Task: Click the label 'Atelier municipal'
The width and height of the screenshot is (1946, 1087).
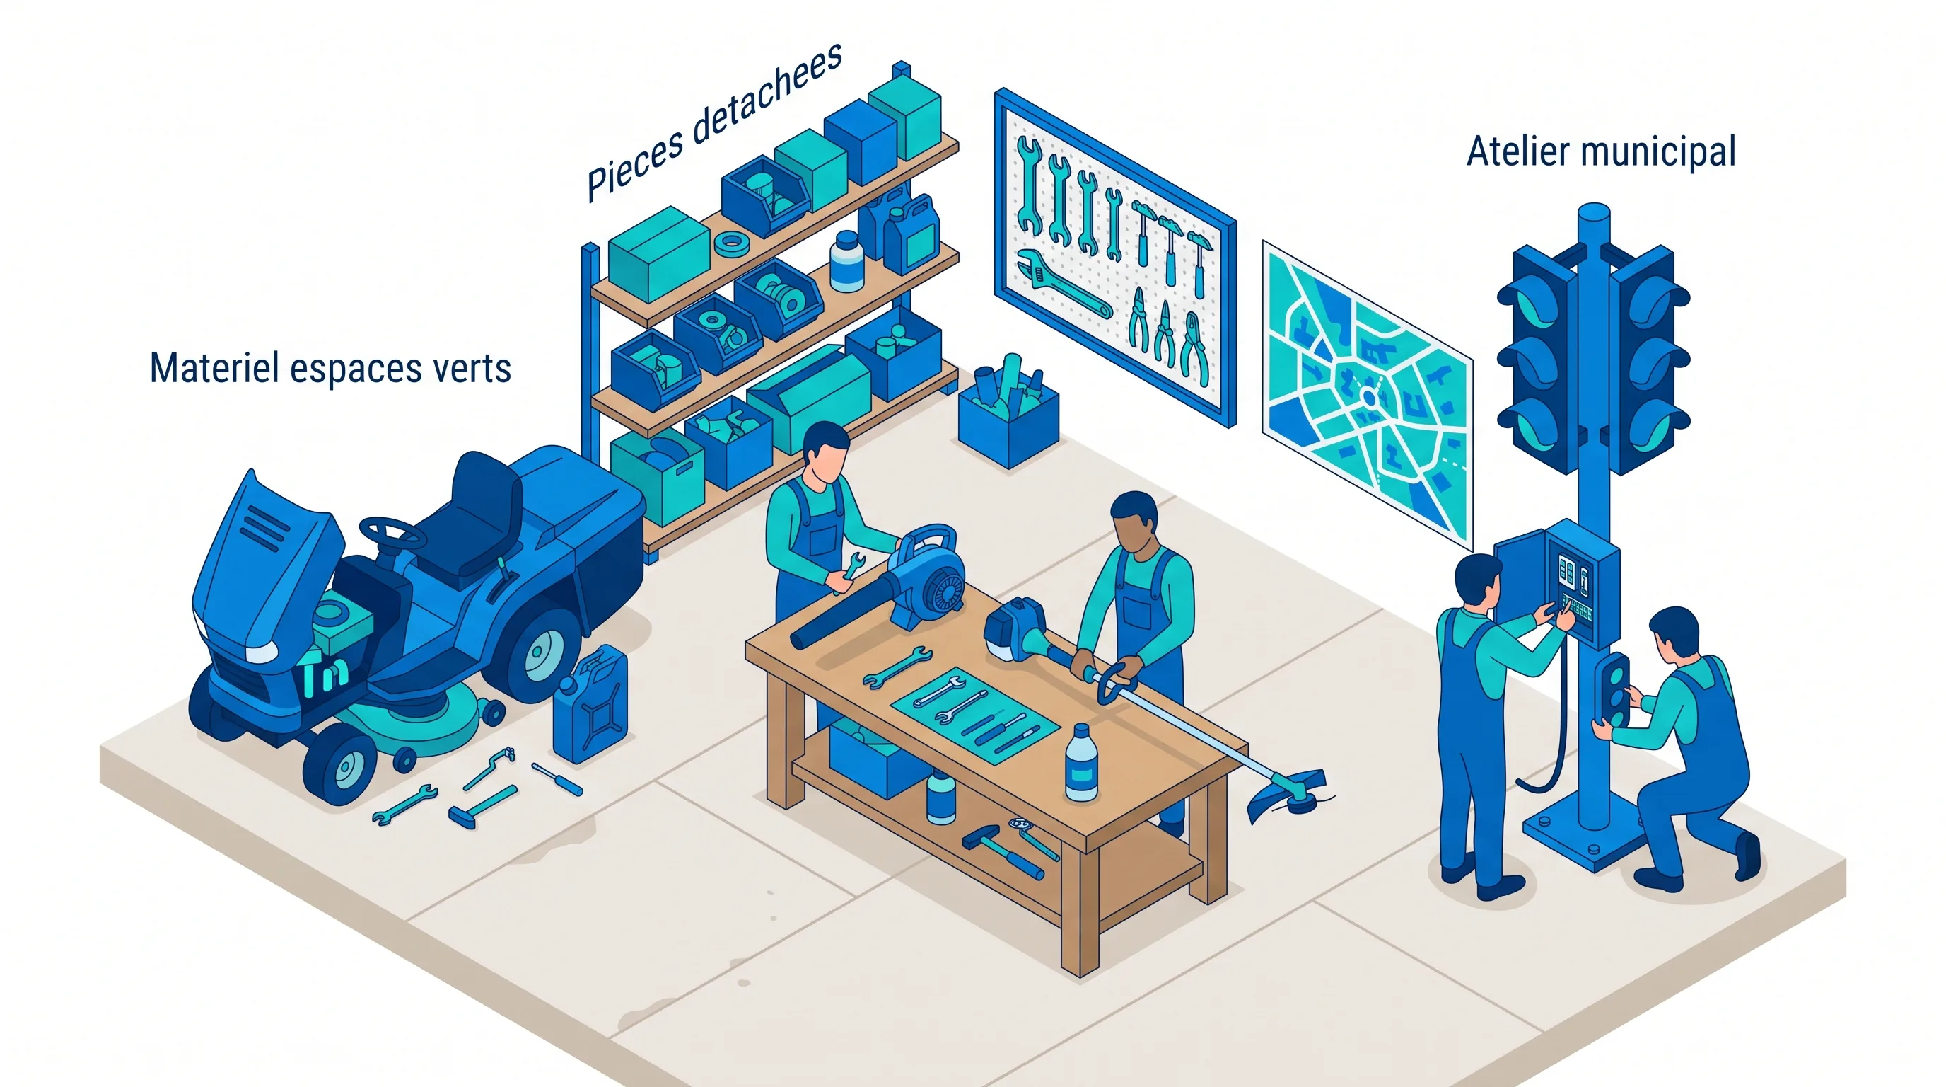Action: click(1601, 152)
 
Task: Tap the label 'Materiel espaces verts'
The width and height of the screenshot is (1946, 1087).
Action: click(330, 368)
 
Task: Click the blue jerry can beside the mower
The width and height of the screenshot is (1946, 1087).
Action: click(590, 705)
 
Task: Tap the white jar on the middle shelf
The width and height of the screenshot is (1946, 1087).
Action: click(847, 262)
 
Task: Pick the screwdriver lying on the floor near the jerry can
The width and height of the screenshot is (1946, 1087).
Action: click(557, 779)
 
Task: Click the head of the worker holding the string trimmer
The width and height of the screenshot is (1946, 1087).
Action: click(1134, 522)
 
